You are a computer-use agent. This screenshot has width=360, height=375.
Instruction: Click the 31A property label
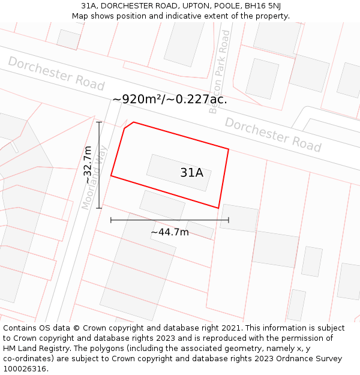click(192, 173)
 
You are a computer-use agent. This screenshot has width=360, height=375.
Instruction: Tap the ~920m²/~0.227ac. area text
click(169, 100)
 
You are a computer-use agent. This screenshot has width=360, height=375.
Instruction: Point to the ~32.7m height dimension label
click(88, 165)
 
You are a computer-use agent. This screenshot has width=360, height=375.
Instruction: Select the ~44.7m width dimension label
click(169, 232)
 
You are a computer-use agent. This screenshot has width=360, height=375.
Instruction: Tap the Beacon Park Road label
click(220, 72)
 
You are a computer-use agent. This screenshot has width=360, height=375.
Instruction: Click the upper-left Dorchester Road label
click(56, 73)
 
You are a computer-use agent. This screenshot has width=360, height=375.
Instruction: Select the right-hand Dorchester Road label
click(273, 134)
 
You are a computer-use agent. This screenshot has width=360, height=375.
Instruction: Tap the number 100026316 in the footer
click(25, 369)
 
